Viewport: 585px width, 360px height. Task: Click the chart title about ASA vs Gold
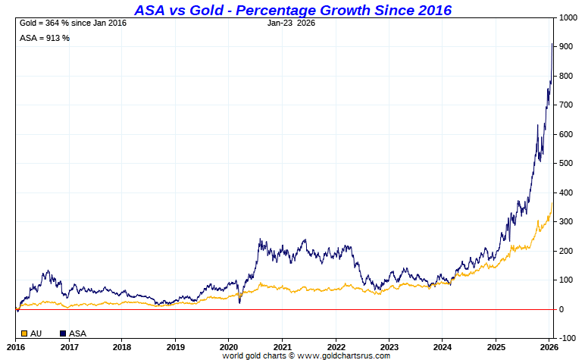point(292,10)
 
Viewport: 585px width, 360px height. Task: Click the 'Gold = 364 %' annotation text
point(72,23)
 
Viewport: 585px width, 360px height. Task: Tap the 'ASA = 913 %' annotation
point(45,38)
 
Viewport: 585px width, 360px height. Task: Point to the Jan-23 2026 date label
point(291,23)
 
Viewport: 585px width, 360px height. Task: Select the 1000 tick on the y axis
point(569,18)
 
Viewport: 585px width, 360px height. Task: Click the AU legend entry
point(36,333)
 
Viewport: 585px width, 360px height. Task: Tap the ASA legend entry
point(77,333)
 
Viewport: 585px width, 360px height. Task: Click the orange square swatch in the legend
point(24,333)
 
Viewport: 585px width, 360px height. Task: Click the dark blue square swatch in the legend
point(63,333)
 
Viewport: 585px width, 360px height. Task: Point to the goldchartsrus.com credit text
point(306,355)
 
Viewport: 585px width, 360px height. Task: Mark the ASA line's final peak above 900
point(552,44)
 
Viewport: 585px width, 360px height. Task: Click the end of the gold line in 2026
point(552,202)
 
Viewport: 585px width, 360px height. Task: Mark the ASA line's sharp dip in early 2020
point(240,303)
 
